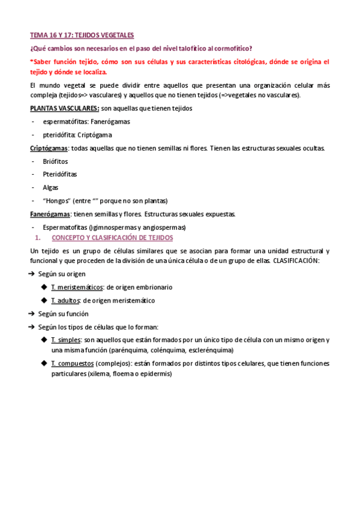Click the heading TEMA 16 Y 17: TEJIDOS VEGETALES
tap(82, 35)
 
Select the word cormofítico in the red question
tap(230, 48)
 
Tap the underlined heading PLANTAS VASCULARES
tap(65, 108)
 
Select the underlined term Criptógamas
tap(49, 148)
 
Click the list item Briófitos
tap(55, 161)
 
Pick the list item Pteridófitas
tap(59, 174)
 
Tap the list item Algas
tap(50, 187)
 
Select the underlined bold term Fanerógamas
tap(50, 214)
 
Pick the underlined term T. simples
tap(66, 340)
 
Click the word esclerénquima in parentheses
tap(209, 350)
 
